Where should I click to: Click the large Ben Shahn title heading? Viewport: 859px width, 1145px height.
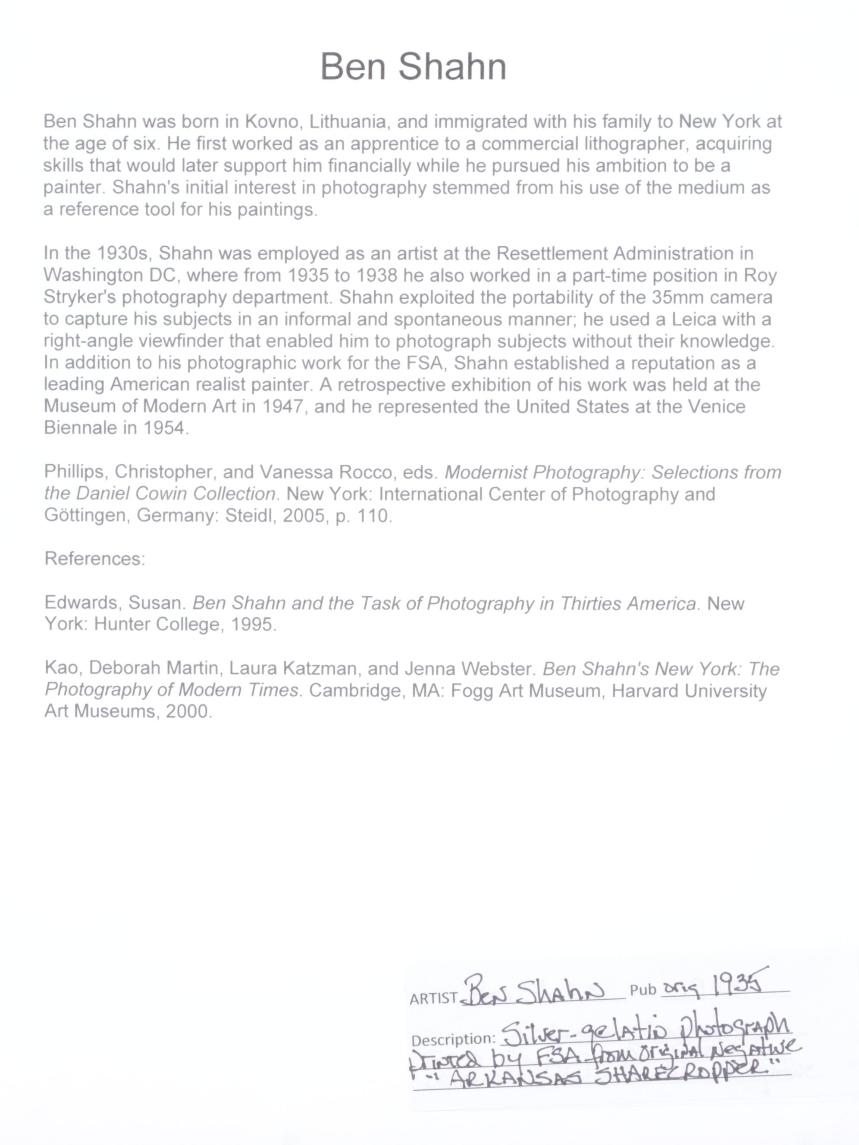(413, 67)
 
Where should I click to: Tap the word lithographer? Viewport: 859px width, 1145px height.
(635, 144)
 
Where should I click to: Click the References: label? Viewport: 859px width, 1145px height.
(95, 559)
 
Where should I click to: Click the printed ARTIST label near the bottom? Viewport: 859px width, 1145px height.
(433, 999)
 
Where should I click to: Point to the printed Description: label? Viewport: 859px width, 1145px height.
(454, 1040)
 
